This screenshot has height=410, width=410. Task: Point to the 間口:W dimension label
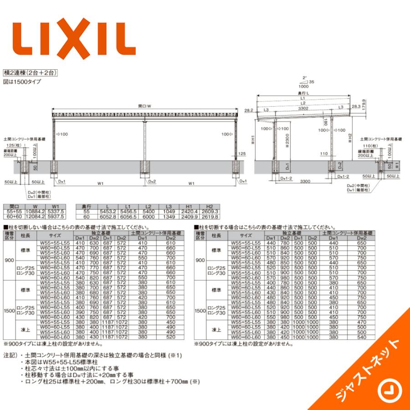click(145, 106)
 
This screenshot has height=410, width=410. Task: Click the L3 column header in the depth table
click(169, 206)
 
